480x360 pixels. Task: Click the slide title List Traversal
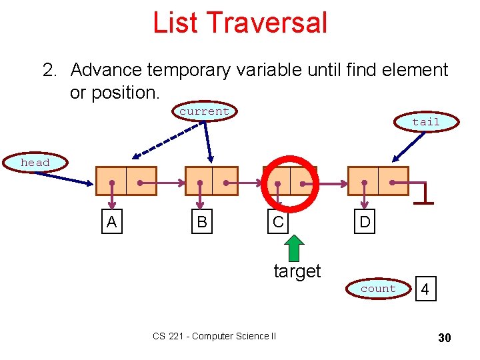[x=240, y=22]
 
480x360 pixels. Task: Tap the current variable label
[x=204, y=111]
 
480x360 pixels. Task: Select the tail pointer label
[x=425, y=121]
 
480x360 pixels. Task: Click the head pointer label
[x=35, y=163]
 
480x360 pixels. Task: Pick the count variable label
[x=378, y=289]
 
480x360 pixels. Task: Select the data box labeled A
[x=111, y=222]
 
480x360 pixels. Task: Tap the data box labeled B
[x=201, y=222]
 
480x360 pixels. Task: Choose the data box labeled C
[x=278, y=222]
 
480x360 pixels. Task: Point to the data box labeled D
[x=365, y=222]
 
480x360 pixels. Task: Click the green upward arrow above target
[x=294, y=248]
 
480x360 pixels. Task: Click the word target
[x=297, y=271]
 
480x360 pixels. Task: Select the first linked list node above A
[x=126, y=181]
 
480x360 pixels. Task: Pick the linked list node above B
[x=211, y=181]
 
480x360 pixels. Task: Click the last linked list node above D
[x=378, y=181]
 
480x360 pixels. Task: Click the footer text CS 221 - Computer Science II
[x=214, y=336]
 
